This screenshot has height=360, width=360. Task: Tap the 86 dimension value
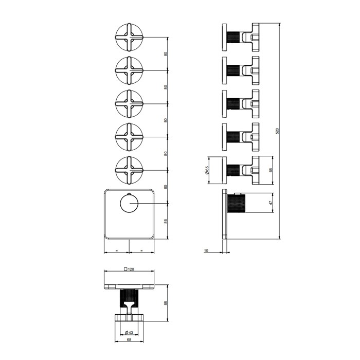tap(165, 221)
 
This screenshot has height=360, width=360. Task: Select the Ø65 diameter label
tap(207, 170)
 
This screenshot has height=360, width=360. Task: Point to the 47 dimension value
tap(271, 203)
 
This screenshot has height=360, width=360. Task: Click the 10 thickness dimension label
tap(206, 250)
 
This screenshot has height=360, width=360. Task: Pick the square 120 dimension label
tap(129, 269)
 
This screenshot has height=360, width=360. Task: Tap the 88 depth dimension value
tap(165, 303)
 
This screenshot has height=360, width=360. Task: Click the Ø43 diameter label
tap(129, 332)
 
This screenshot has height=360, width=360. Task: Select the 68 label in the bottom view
tap(129, 340)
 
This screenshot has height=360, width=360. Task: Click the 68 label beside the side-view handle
tap(271, 170)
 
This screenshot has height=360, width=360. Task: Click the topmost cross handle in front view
tap(129, 37)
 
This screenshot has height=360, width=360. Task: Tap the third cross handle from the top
tap(129, 103)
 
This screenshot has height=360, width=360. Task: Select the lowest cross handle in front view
tap(129, 170)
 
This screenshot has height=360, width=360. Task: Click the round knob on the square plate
tap(129, 203)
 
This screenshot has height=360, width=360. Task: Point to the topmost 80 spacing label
tap(165, 53)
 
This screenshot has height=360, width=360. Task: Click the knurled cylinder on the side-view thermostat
tap(236, 203)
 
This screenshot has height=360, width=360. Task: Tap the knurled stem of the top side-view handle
tap(233, 37)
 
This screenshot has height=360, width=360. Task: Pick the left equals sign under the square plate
tap(117, 250)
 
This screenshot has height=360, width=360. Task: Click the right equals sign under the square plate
tap(141, 250)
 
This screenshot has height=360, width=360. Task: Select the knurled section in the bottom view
tap(129, 298)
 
